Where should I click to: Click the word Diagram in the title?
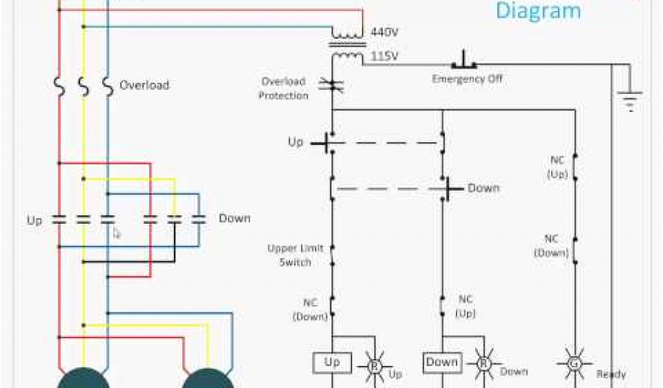(538, 11)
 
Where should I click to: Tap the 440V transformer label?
(384, 31)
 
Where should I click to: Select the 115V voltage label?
(384, 57)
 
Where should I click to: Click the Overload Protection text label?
(284, 89)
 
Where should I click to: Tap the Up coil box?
(331, 362)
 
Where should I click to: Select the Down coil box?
(442, 362)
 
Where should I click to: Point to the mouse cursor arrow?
(117, 233)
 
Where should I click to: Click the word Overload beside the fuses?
(144, 85)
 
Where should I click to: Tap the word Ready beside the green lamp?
(611, 374)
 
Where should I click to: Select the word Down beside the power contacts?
(234, 219)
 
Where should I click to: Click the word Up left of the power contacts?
(34, 221)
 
